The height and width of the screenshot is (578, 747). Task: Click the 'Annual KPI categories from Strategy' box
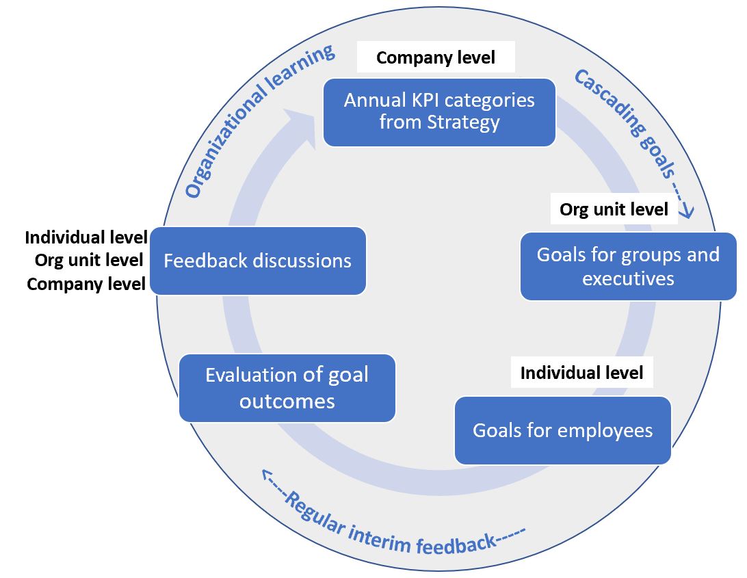[438, 112]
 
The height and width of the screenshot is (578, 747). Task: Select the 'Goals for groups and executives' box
[628, 266]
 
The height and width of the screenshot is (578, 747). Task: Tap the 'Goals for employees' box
[562, 430]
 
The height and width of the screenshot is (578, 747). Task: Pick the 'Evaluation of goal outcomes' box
[287, 388]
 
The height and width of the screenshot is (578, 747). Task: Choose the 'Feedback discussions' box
[257, 261]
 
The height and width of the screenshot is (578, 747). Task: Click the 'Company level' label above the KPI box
[435, 58]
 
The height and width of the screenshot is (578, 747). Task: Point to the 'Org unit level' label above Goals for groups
[614, 209]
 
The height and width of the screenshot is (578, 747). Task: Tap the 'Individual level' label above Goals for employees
[581, 373]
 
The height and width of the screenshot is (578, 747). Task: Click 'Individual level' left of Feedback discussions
[86, 237]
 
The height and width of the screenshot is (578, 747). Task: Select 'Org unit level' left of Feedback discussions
[89, 260]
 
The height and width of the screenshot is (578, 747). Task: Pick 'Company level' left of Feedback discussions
[86, 284]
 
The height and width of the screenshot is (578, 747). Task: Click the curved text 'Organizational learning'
[259, 119]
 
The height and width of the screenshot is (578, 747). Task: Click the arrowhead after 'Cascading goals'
[687, 211]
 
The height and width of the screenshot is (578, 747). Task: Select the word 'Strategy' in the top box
[465, 123]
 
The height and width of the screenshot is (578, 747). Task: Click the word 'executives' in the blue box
[628, 279]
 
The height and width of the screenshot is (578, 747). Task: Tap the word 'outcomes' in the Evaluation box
[287, 401]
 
